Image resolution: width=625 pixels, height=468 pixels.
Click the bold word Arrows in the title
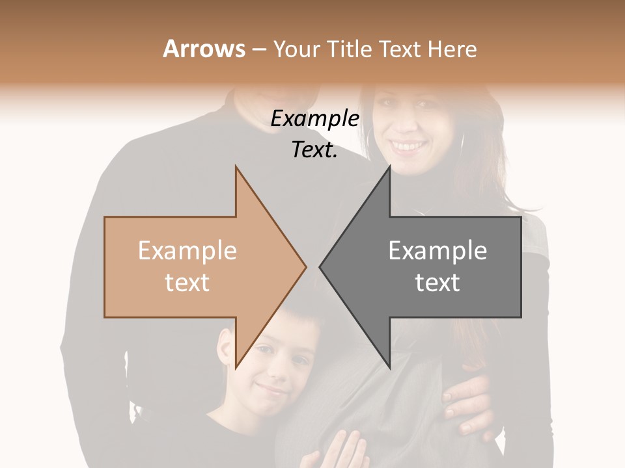pyautogui.click(x=204, y=49)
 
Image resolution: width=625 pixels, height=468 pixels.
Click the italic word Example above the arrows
pyautogui.click(x=314, y=119)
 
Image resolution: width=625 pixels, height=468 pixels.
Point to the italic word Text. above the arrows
pyautogui.click(x=314, y=149)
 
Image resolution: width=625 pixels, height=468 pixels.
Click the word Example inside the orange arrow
pyautogui.click(x=187, y=251)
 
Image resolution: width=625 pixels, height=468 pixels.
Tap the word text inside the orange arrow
pyautogui.click(x=187, y=282)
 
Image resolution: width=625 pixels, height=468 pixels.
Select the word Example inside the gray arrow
pyautogui.click(x=437, y=251)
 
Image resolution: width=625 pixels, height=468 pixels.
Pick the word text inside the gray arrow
pyautogui.click(x=437, y=282)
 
